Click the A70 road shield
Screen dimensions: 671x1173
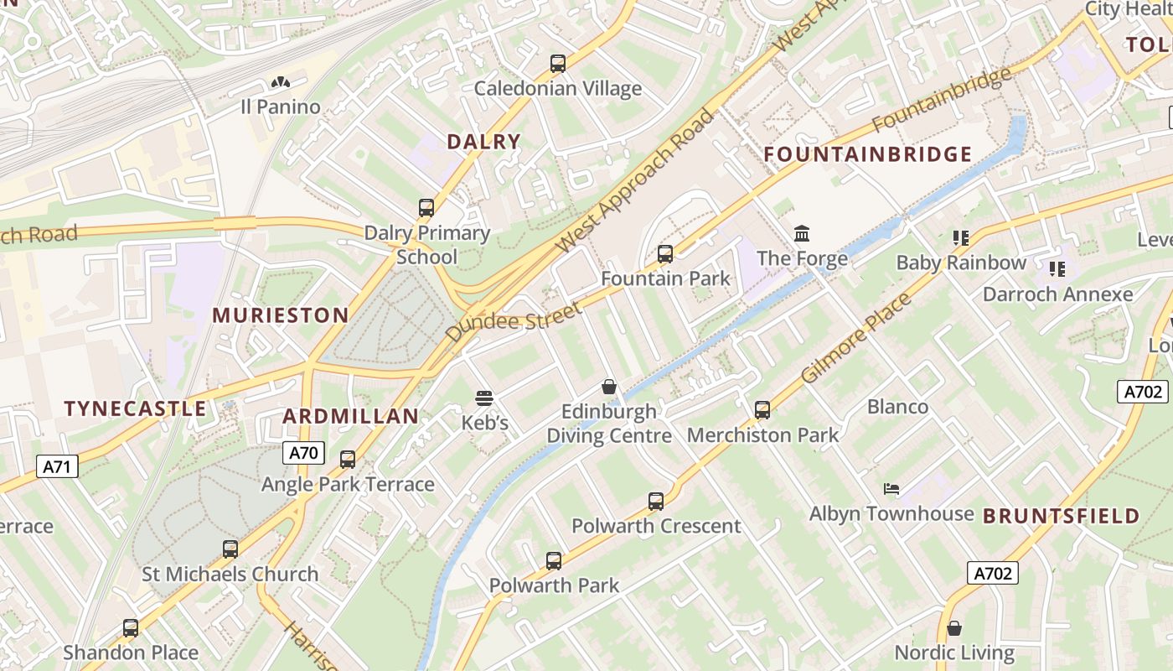[x=303, y=454]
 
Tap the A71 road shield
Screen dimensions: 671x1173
[x=57, y=466]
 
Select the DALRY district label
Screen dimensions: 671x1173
[x=483, y=142]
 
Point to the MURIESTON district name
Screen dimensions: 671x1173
[x=280, y=315]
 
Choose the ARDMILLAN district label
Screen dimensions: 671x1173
[x=350, y=416]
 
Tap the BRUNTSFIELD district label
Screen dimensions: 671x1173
[x=1061, y=516]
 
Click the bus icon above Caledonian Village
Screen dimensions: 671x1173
[x=558, y=64]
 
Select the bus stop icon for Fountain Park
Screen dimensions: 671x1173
[x=665, y=253]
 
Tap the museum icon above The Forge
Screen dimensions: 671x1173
[x=802, y=232]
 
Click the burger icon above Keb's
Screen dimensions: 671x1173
[x=484, y=398]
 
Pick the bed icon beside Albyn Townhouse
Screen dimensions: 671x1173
[x=891, y=489]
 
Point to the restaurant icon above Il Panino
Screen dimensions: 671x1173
[x=281, y=82]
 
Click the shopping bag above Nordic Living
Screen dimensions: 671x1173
[x=953, y=628]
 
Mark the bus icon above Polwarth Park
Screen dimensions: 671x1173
[x=554, y=560]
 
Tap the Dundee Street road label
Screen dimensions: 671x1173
[x=514, y=321]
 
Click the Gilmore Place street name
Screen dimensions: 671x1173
[x=855, y=339]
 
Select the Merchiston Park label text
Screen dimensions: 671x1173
[x=762, y=435]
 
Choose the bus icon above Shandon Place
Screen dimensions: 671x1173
[x=131, y=627]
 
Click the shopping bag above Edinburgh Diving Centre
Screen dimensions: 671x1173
[x=609, y=387]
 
